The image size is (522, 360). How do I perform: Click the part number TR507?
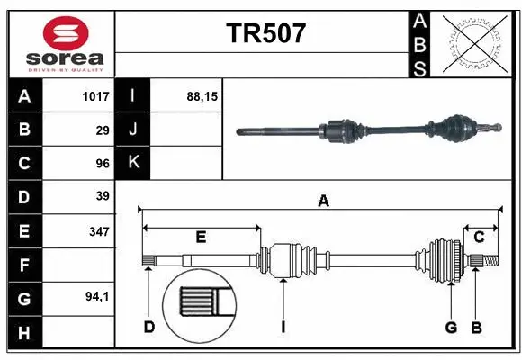coord(265,33)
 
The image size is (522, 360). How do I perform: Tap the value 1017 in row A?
coord(95,95)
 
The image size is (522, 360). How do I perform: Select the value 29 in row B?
coord(102,130)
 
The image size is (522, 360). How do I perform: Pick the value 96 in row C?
coord(102,164)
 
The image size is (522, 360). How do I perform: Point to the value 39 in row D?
coord(102,196)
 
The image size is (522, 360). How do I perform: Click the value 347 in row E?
coord(99,231)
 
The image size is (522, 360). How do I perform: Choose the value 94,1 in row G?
coord(96,296)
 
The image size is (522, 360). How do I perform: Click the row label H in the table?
coord(24,333)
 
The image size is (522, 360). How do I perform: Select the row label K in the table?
coord(133,163)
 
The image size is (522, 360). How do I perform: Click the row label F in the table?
coord(24,265)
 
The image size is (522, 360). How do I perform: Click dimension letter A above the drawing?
coord(322,202)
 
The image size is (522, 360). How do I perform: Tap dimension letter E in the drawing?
coord(201,238)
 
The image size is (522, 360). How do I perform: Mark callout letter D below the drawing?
coord(149,327)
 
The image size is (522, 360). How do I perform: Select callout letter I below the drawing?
coord(282,327)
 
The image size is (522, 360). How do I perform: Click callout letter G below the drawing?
coord(452,327)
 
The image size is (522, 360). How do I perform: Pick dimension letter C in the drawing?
coord(479,238)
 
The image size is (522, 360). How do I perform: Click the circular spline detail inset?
coord(199,301)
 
